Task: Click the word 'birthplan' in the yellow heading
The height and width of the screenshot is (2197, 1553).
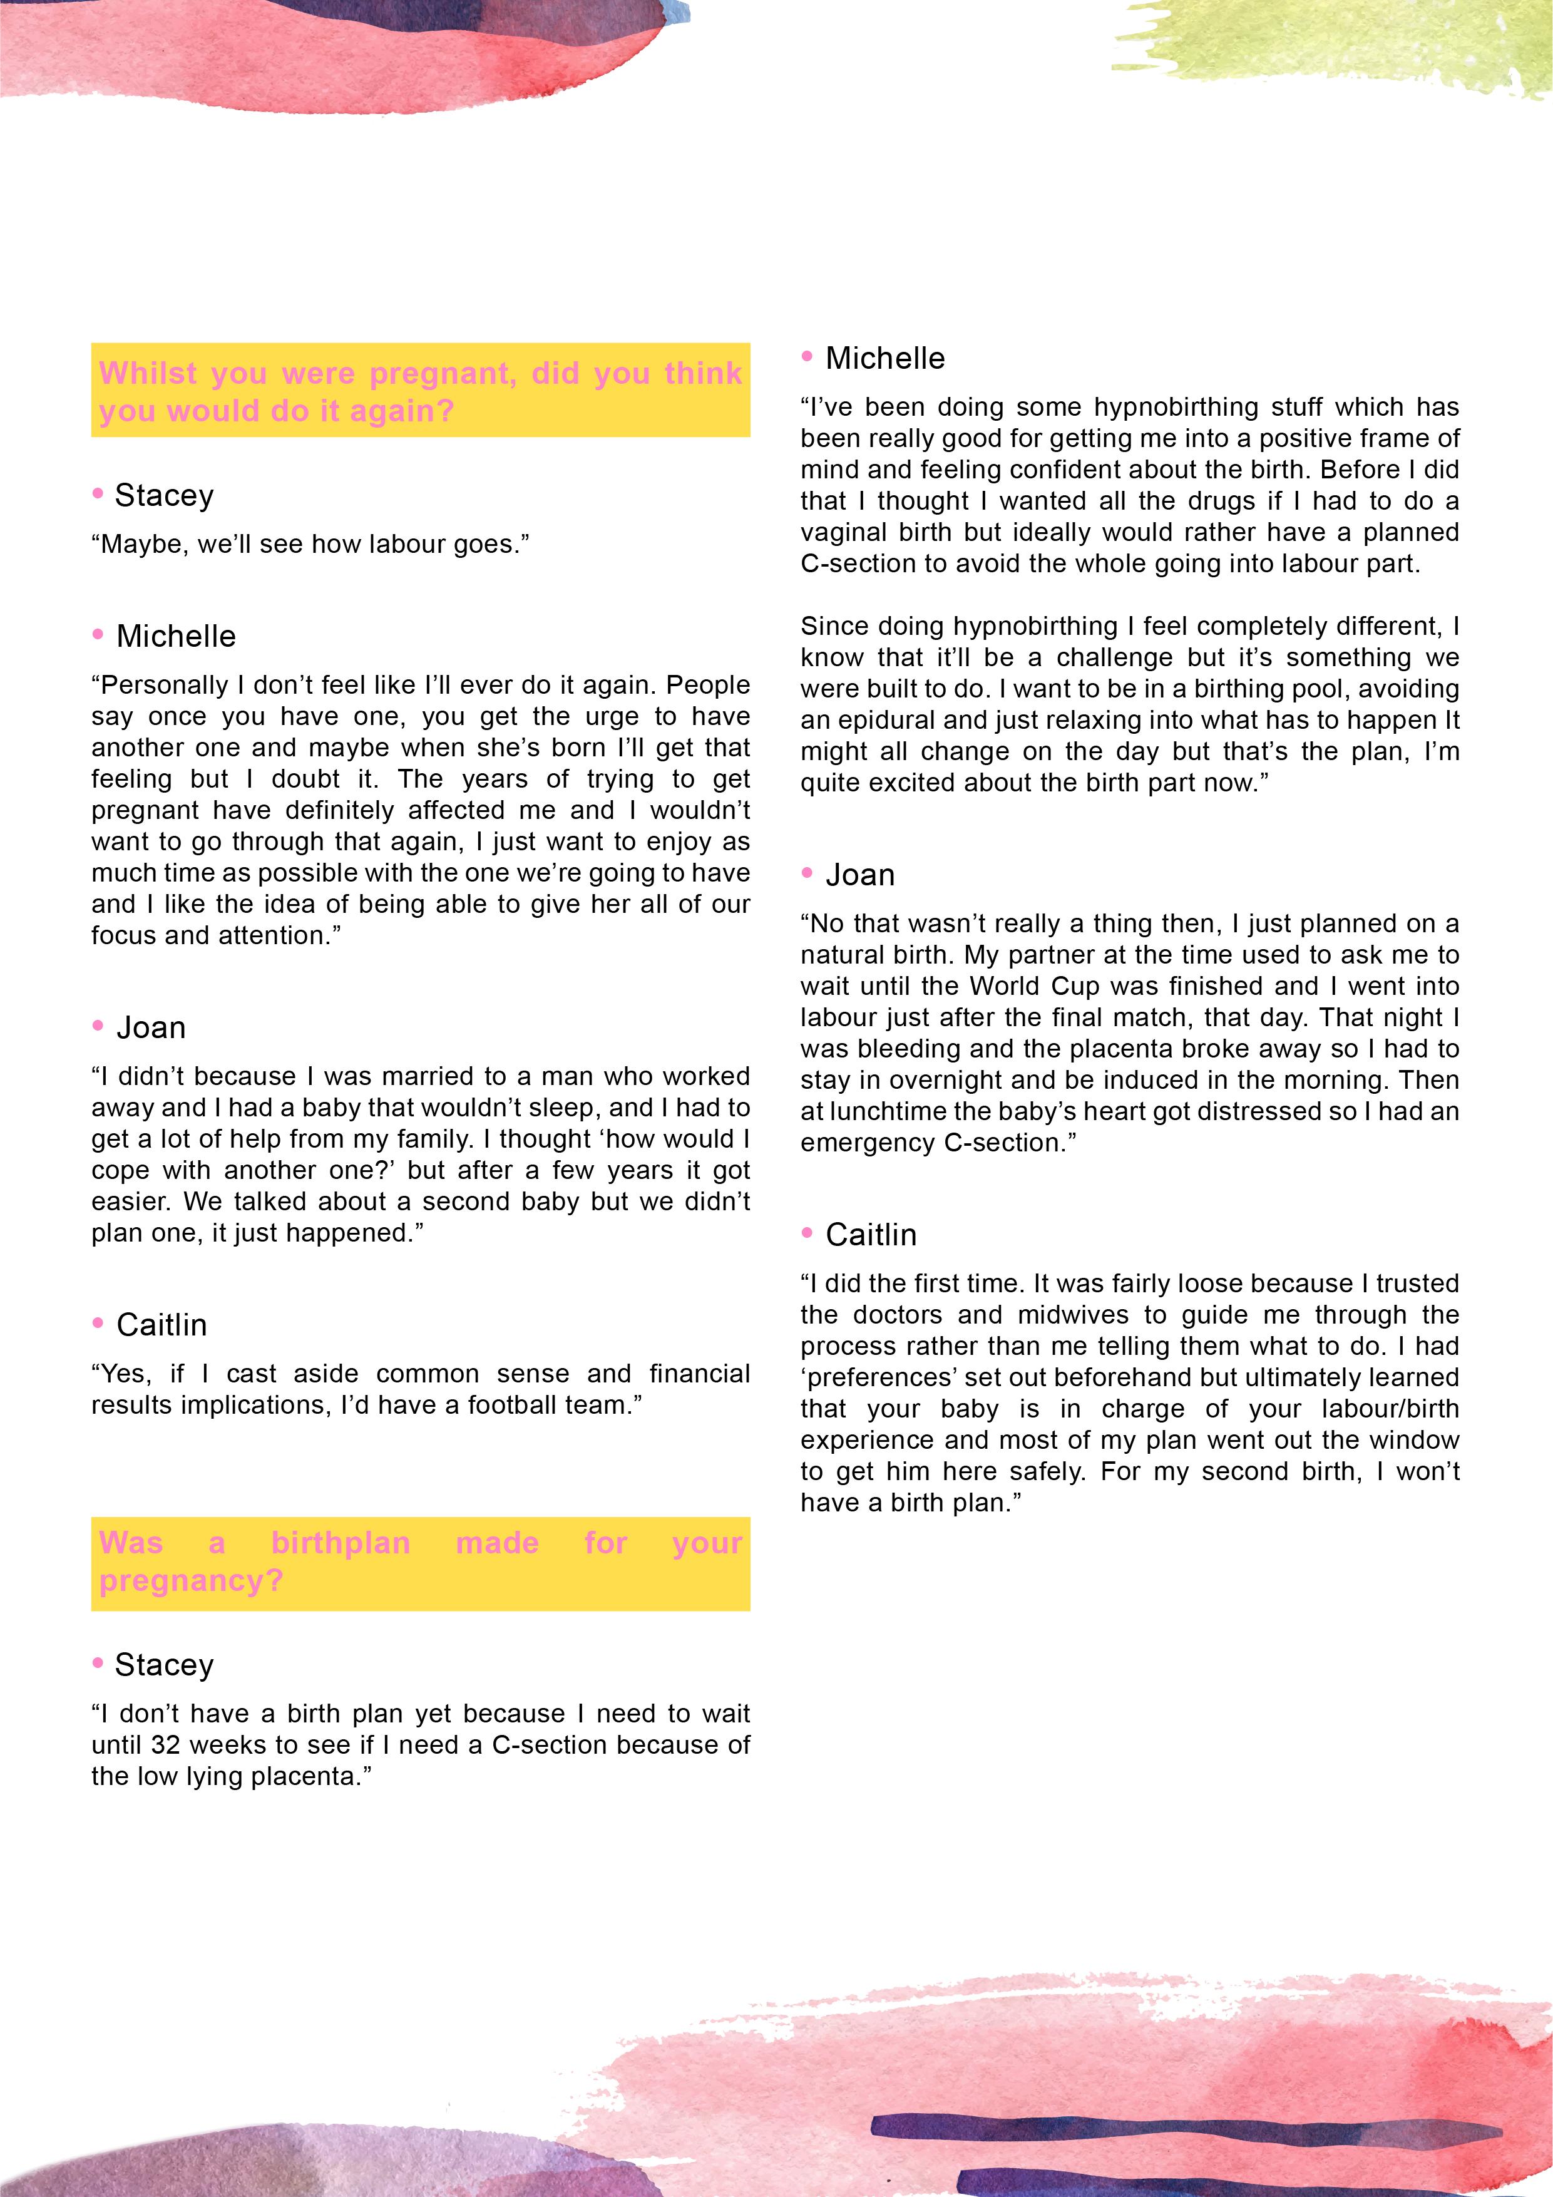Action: [340, 1543]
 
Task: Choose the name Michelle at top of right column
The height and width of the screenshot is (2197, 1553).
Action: [885, 359]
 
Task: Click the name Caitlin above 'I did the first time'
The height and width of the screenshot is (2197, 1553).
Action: [871, 1235]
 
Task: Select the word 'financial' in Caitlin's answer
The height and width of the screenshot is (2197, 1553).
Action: [699, 1374]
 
